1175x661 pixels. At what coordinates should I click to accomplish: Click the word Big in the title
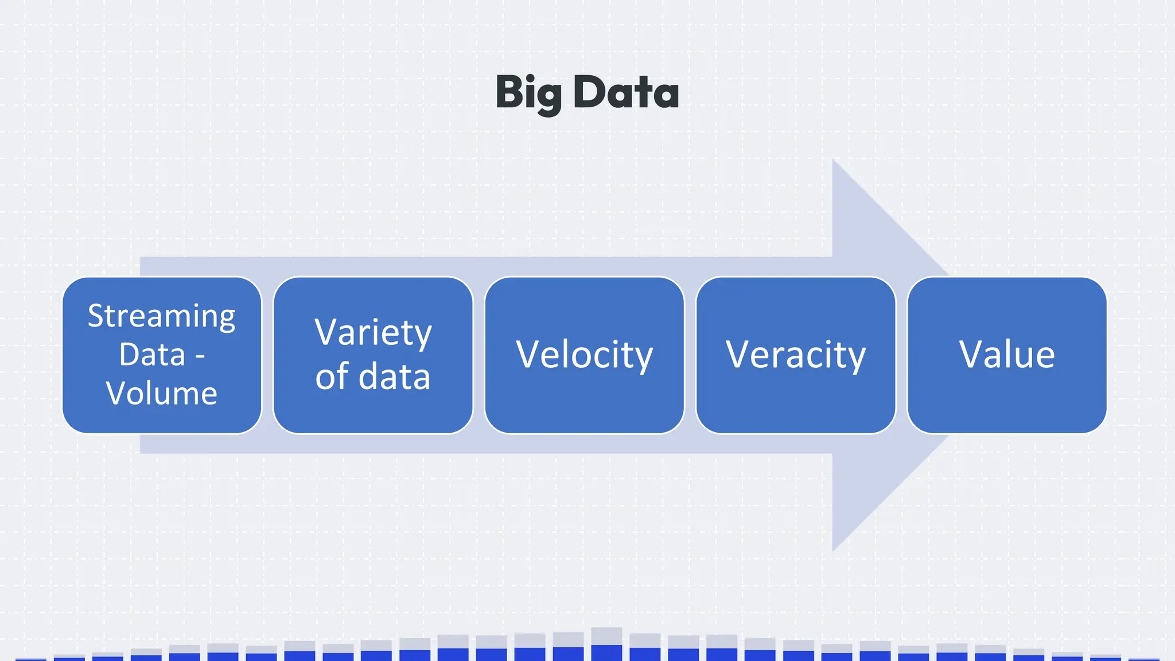tap(528, 93)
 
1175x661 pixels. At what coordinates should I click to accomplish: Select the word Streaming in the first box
tap(161, 316)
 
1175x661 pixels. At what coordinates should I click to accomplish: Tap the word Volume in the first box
tap(161, 393)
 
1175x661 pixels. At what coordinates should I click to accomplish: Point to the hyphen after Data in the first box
tap(200, 356)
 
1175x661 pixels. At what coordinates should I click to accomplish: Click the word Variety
tap(373, 333)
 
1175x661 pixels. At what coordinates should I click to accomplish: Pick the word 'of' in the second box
tap(332, 376)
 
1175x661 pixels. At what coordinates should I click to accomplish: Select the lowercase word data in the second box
tap(394, 376)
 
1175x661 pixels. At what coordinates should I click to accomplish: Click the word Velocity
tap(584, 355)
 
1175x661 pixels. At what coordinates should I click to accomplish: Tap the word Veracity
tap(795, 355)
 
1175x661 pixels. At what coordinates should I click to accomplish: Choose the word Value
tap(1007, 354)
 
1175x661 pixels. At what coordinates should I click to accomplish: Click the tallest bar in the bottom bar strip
tap(606, 644)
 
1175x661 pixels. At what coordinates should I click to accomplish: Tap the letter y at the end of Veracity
tap(856, 358)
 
